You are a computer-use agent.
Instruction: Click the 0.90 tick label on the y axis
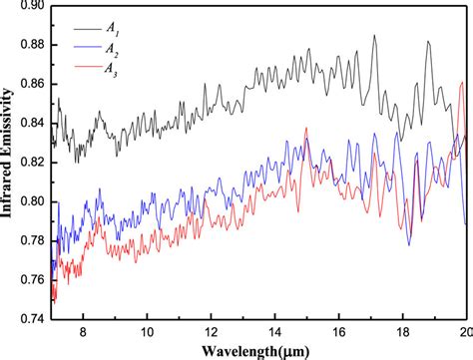tap(30, 7)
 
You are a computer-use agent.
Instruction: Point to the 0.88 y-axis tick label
tap(30, 46)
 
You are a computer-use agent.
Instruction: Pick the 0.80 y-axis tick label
tap(30, 201)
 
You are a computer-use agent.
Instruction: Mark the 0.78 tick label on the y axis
tap(30, 240)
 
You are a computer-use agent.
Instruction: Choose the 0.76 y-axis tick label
tap(30, 279)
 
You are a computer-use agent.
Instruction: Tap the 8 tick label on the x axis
tap(84, 332)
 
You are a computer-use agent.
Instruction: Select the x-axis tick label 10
tap(147, 332)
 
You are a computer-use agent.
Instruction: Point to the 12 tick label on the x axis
tap(211, 332)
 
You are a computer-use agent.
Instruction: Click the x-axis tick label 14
tap(274, 332)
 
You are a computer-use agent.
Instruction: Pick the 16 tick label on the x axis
tap(339, 332)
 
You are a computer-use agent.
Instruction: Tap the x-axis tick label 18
tap(403, 332)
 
